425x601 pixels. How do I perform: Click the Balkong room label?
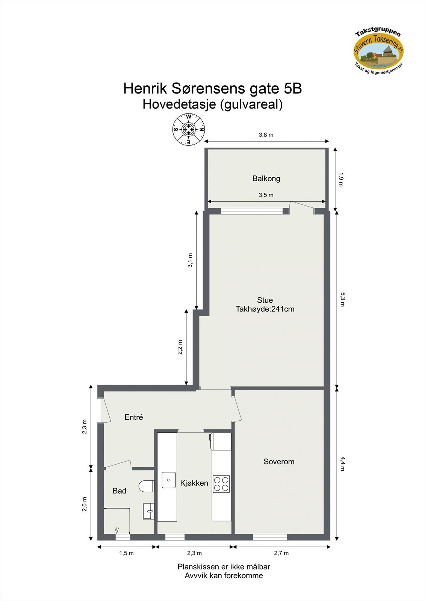pos(266,178)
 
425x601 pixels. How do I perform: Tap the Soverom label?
pos(278,462)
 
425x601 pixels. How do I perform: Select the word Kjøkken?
pos(194,483)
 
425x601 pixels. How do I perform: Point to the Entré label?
pos(134,417)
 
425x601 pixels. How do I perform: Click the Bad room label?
pos(119,491)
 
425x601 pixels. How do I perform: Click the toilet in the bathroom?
pos(146,486)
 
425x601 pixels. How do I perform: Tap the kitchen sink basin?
pos(169,480)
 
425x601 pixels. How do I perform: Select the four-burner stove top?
pos(221,484)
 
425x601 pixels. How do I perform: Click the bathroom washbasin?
pos(149,511)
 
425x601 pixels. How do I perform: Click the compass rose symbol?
pos(189,130)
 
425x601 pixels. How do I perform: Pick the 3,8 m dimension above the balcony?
pos(266,135)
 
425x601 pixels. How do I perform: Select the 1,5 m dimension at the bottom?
pos(126,553)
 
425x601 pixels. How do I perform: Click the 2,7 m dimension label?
pos(281,553)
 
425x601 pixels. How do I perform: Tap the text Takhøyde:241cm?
pos(265,309)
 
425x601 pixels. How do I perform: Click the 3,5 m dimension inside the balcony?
pos(266,195)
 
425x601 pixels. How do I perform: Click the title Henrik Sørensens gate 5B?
pos(212,89)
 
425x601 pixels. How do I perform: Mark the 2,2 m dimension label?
pos(180,347)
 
